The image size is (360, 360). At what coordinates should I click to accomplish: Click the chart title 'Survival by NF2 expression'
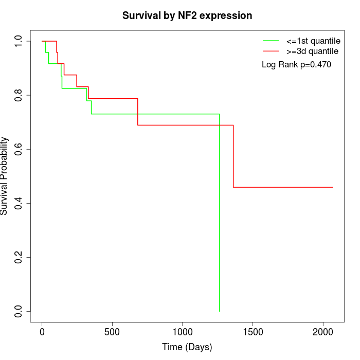(x=187, y=16)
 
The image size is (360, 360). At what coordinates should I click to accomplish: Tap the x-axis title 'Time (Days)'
(x=187, y=347)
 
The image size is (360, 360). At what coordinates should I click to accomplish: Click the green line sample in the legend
(x=271, y=41)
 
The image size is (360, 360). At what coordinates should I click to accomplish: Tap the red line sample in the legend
(x=271, y=51)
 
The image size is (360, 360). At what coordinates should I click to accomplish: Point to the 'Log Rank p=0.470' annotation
(x=296, y=65)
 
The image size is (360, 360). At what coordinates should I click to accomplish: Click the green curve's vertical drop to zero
(x=220, y=216)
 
